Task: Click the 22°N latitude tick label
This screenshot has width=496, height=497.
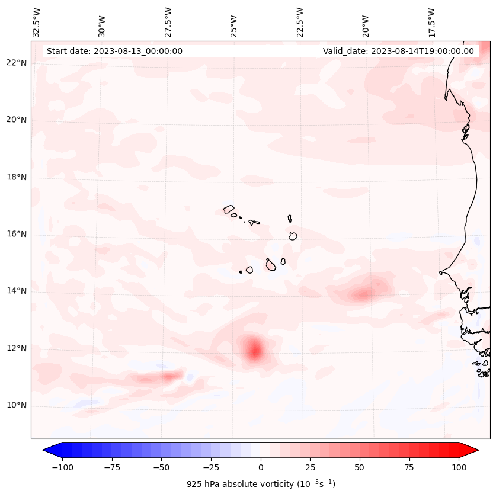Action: (17, 63)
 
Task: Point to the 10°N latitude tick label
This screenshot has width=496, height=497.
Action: (17, 406)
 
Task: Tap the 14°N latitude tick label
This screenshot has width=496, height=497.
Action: (17, 291)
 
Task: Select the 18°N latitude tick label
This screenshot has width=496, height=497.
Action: (17, 178)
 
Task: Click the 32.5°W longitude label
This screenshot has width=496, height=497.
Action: (37, 23)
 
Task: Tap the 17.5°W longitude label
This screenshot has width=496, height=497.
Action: (431, 23)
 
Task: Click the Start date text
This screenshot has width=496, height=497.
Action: (114, 51)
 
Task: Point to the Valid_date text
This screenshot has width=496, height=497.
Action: (398, 51)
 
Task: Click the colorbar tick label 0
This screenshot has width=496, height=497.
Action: (261, 467)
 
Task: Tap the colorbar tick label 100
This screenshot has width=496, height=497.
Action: (459, 467)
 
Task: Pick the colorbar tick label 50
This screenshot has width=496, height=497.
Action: (360, 467)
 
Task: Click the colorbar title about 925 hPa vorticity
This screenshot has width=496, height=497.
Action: (261, 484)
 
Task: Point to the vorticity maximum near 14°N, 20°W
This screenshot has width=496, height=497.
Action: (363, 293)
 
